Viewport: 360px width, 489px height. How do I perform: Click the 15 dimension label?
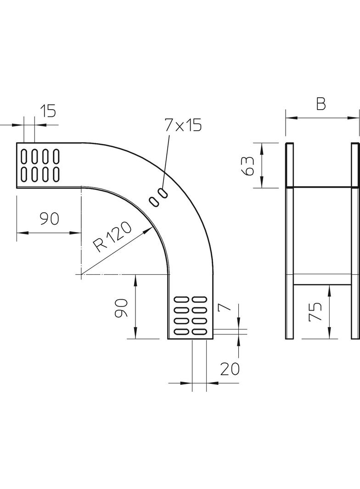point(47,111)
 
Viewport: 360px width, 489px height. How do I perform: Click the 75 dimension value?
point(316,312)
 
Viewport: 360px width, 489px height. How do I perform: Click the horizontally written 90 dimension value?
point(49,219)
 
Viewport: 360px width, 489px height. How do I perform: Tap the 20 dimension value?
point(230,369)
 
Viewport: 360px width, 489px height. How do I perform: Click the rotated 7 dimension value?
point(225,307)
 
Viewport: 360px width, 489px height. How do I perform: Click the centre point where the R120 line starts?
point(81,274)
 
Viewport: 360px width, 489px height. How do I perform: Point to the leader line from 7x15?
point(167,161)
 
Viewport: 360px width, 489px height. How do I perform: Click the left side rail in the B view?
point(289,241)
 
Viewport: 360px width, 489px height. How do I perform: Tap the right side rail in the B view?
point(355,241)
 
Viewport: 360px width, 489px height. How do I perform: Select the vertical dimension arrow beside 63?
point(262,166)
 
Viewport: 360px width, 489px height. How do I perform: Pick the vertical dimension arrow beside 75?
point(329,312)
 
